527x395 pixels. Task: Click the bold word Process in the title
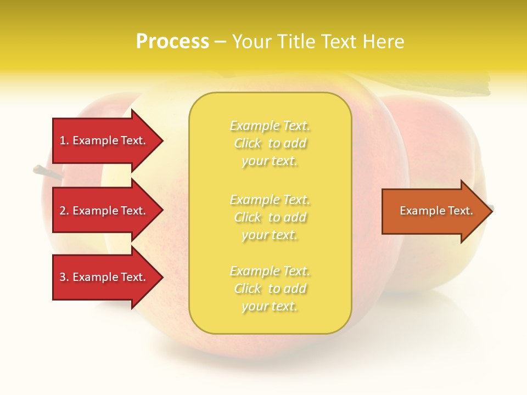click(172, 42)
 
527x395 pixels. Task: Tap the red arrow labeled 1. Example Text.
click(104, 140)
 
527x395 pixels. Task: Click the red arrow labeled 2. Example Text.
click(104, 211)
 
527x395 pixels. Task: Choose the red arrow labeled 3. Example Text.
click(104, 277)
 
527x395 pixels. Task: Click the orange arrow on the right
click(434, 211)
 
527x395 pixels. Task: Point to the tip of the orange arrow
click(490, 211)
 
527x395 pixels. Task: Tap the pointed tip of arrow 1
click(161, 140)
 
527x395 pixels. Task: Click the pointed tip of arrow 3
click(161, 277)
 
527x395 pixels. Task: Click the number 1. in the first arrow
click(64, 140)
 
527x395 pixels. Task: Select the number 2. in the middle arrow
click(64, 211)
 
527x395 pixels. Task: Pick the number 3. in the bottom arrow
click(64, 277)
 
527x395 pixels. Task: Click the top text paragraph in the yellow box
click(270, 143)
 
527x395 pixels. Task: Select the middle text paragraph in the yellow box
click(270, 217)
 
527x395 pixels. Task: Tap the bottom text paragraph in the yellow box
click(270, 289)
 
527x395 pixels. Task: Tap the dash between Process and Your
click(220, 42)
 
